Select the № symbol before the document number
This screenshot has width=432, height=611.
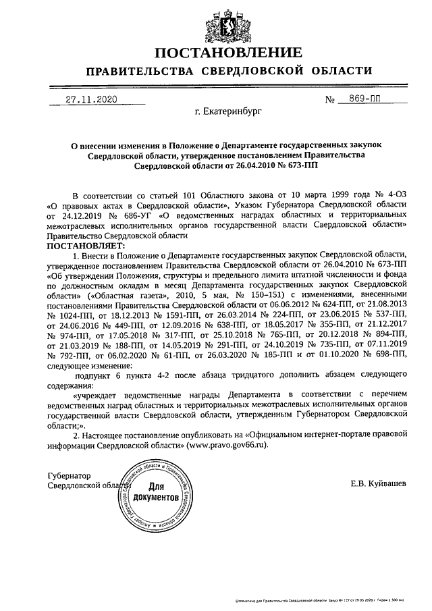click(331, 99)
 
